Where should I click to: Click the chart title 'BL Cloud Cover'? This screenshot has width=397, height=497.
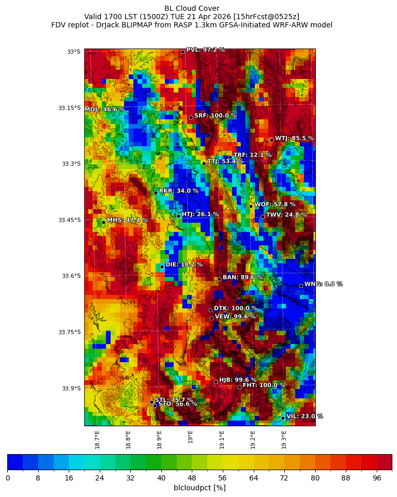(192, 8)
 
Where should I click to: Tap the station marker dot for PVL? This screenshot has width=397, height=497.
(182, 52)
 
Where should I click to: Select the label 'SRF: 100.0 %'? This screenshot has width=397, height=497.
(215, 116)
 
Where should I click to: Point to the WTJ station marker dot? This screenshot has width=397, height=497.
(271, 140)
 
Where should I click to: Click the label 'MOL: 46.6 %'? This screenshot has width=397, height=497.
(105, 110)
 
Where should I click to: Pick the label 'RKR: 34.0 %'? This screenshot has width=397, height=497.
(178, 191)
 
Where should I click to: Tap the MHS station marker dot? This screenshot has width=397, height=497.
(103, 222)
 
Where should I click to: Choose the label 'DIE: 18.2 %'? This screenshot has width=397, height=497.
(184, 265)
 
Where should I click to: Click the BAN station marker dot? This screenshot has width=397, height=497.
(219, 279)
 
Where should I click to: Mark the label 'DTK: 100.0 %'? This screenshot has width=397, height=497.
(235, 308)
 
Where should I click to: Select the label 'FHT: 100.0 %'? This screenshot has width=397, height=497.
(264, 385)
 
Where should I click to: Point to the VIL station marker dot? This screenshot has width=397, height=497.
(283, 417)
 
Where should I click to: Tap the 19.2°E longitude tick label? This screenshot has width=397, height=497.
(253, 440)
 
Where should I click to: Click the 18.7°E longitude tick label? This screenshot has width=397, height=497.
(97, 440)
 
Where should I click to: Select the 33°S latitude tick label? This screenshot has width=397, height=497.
(74, 52)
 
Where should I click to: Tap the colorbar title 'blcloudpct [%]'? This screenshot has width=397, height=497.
(200, 488)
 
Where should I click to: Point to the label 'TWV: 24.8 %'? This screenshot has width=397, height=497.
(286, 215)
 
